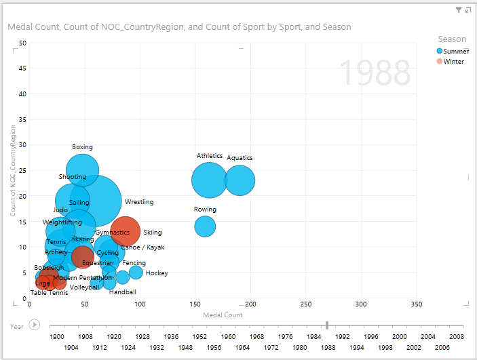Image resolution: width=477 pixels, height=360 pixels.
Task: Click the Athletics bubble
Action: (210, 180)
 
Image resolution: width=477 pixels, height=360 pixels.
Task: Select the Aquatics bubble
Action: (240, 180)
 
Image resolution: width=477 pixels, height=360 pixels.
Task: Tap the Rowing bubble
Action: (205, 226)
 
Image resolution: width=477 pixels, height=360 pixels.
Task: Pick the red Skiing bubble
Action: (126, 231)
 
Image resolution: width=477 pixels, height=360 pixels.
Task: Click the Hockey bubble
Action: (136, 273)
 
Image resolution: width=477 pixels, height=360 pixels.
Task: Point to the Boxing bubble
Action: (82, 170)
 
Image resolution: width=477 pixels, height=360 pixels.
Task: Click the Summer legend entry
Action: (454, 51)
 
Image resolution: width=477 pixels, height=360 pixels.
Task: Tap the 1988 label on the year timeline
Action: (328, 346)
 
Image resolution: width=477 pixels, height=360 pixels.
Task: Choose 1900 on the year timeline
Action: (57, 336)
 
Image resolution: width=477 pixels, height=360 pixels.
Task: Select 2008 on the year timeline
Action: (456, 336)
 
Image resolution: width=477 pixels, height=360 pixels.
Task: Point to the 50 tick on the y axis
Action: (22, 43)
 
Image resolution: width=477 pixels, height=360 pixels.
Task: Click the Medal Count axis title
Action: (223, 315)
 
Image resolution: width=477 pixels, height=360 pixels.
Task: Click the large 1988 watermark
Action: (375, 73)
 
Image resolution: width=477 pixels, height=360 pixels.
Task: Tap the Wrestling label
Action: (139, 202)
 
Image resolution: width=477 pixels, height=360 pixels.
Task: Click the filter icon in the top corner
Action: (459, 10)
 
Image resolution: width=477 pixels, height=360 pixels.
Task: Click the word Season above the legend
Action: (452, 39)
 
